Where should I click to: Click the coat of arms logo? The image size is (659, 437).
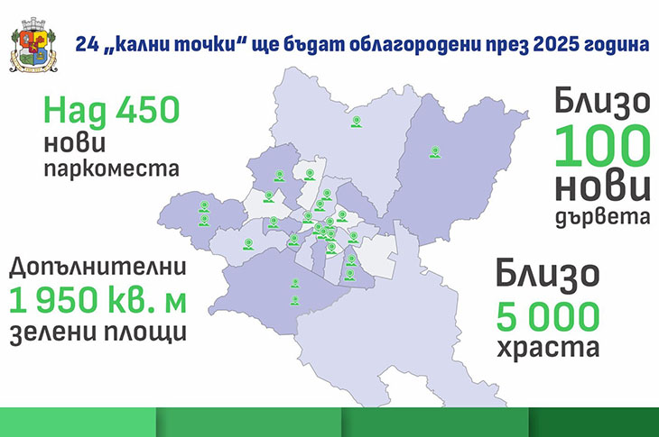pyautogui.click(x=33, y=45)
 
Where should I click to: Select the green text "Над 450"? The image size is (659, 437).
pyautogui.click(x=111, y=110)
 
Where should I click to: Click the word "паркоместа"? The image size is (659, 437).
pyautogui.click(x=111, y=168)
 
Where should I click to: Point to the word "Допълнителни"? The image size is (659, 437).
pyautogui.click(x=97, y=268)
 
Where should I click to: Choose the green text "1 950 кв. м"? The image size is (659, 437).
pyautogui.click(x=97, y=300)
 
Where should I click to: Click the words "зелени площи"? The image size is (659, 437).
pyautogui.click(x=97, y=332)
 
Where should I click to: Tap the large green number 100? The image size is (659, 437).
pyautogui.click(x=602, y=146)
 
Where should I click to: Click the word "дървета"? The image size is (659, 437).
pyautogui.click(x=602, y=218)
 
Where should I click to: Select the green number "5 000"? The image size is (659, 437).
pyautogui.click(x=548, y=316)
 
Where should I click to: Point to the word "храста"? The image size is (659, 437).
pyautogui.click(x=548, y=348)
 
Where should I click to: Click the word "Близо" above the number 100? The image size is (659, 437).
pyautogui.click(x=602, y=104)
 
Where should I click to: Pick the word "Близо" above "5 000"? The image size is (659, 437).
pyautogui.click(x=548, y=275)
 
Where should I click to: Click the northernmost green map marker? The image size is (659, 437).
pyautogui.click(x=357, y=122)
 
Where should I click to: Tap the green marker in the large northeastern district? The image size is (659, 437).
pyautogui.click(x=435, y=152)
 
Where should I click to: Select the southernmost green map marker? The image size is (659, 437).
pyautogui.click(x=295, y=300)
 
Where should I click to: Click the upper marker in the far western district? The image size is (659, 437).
pyautogui.click(x=204, y=206)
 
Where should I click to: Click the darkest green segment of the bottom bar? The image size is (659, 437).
pyautogui.click(x=593, y=422)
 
